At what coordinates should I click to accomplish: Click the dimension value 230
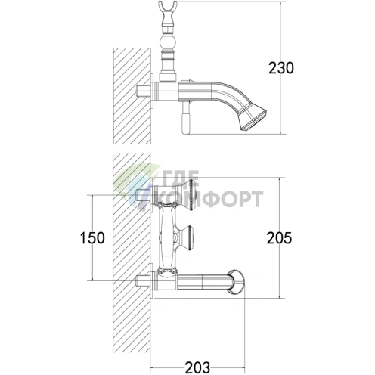281,68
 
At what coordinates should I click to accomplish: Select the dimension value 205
279,238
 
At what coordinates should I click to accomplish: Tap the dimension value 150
92,238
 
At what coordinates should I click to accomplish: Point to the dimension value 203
197,367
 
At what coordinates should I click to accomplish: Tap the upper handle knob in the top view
187,194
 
